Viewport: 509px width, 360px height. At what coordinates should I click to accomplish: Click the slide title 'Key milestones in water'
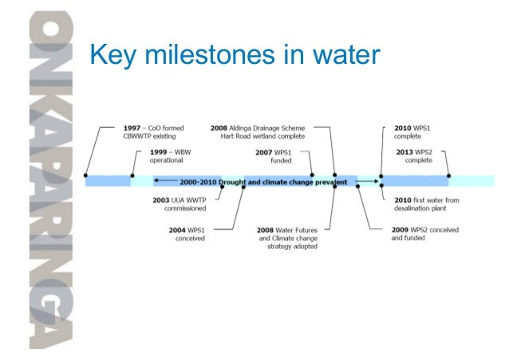pos(231,54)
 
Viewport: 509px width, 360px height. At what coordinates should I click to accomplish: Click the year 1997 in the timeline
pos(132,127)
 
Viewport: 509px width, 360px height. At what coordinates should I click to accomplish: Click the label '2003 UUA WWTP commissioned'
pos(180,204)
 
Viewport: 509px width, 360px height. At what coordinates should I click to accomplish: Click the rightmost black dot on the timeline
pos(448,176)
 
